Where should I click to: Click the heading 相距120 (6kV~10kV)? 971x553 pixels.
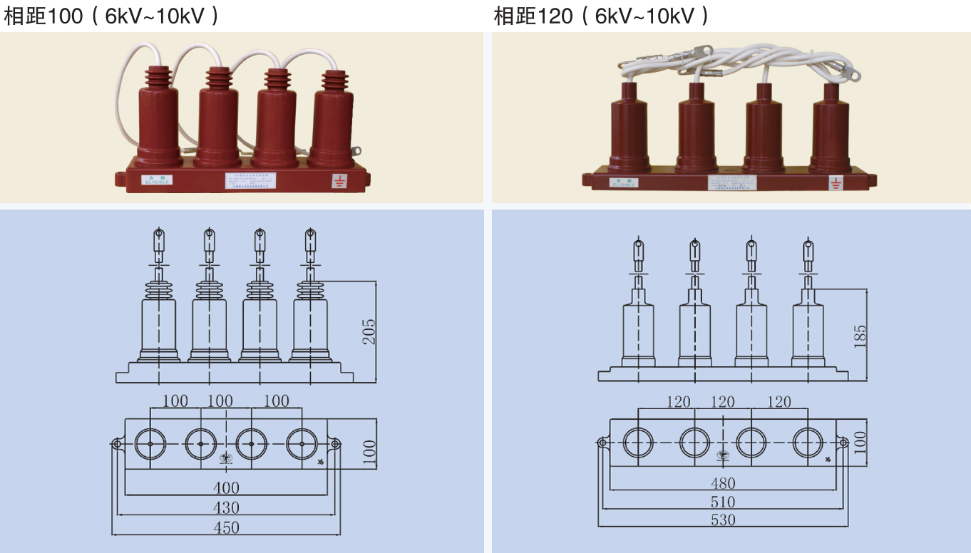pyautogui.click(x=601, y=16)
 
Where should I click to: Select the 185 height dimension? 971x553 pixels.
pyautogui.click(x=860, y=335)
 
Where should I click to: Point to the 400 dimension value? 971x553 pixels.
pyautogui.click(x=226, y=488)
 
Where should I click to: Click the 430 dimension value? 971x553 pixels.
pyautogui.click(x=226, y=508)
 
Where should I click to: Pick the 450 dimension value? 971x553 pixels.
pyautogui.click(x=226, y=528)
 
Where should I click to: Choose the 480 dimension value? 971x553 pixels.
pyautogui.click(x=723, y=483)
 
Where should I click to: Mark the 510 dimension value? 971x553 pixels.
pyautogui.click(x=723, y=502)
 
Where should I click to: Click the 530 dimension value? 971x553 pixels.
pyautogui.click(x=723, y=520)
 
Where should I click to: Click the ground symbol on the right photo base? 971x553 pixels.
pyautogui.click(x=835, y=183)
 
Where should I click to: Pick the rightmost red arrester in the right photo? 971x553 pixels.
pyautogui.click(x=831, y=128)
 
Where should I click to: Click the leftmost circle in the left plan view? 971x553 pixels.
pyautogui.click(x=151, y=444)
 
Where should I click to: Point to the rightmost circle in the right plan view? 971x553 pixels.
pyautogui.click(x=808, y=443)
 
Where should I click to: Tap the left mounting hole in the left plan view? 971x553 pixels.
pyautogui.click(x=117, y=444)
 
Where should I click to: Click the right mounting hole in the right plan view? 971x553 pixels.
pyautogui.click(x=843, y=443)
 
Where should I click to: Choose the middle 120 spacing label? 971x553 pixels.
pyautogui.click(x=722, y=402)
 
